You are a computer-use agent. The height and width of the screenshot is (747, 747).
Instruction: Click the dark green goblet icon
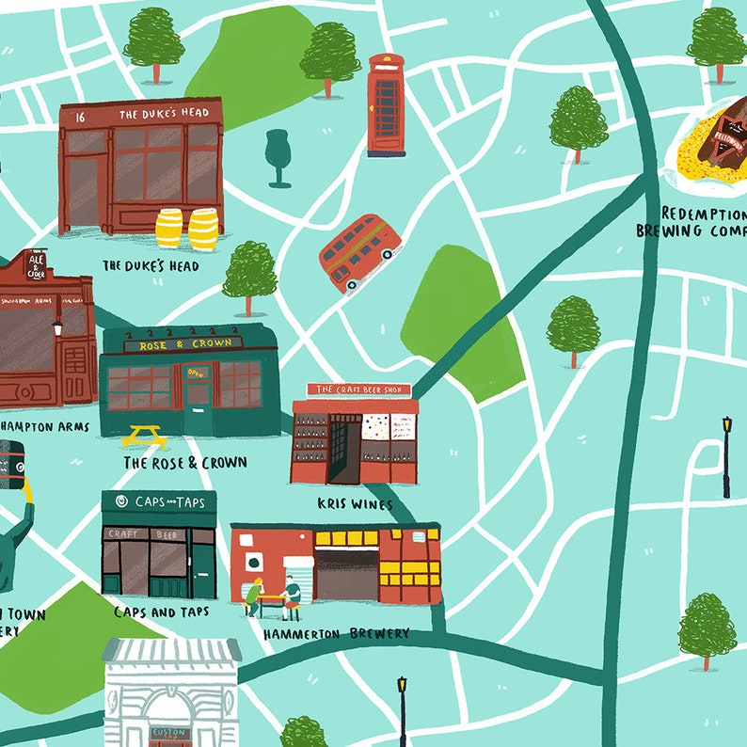point(278,157)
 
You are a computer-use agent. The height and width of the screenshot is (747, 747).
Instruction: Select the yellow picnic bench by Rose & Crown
point(144,437)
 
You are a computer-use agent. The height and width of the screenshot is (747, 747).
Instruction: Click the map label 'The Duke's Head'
point(151,266)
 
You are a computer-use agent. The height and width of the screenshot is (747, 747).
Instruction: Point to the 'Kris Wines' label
point(357,504)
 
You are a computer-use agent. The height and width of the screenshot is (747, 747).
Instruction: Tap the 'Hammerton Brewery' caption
point(337,634)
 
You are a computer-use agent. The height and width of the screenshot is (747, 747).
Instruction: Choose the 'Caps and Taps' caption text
point(161,612)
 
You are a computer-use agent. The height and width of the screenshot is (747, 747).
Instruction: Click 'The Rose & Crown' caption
point(185,463)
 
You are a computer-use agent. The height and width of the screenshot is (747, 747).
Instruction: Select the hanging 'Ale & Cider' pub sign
point(36,265)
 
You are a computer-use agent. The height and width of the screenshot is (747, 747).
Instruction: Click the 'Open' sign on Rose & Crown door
point(196,372)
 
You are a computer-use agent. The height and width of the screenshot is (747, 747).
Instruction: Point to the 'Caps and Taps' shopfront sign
point(160,502)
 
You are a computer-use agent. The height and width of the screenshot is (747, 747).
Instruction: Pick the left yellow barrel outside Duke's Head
point(169,228)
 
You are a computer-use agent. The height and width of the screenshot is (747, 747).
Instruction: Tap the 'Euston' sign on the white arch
point(170,732)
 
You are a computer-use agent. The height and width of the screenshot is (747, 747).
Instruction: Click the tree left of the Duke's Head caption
point(249,275)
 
